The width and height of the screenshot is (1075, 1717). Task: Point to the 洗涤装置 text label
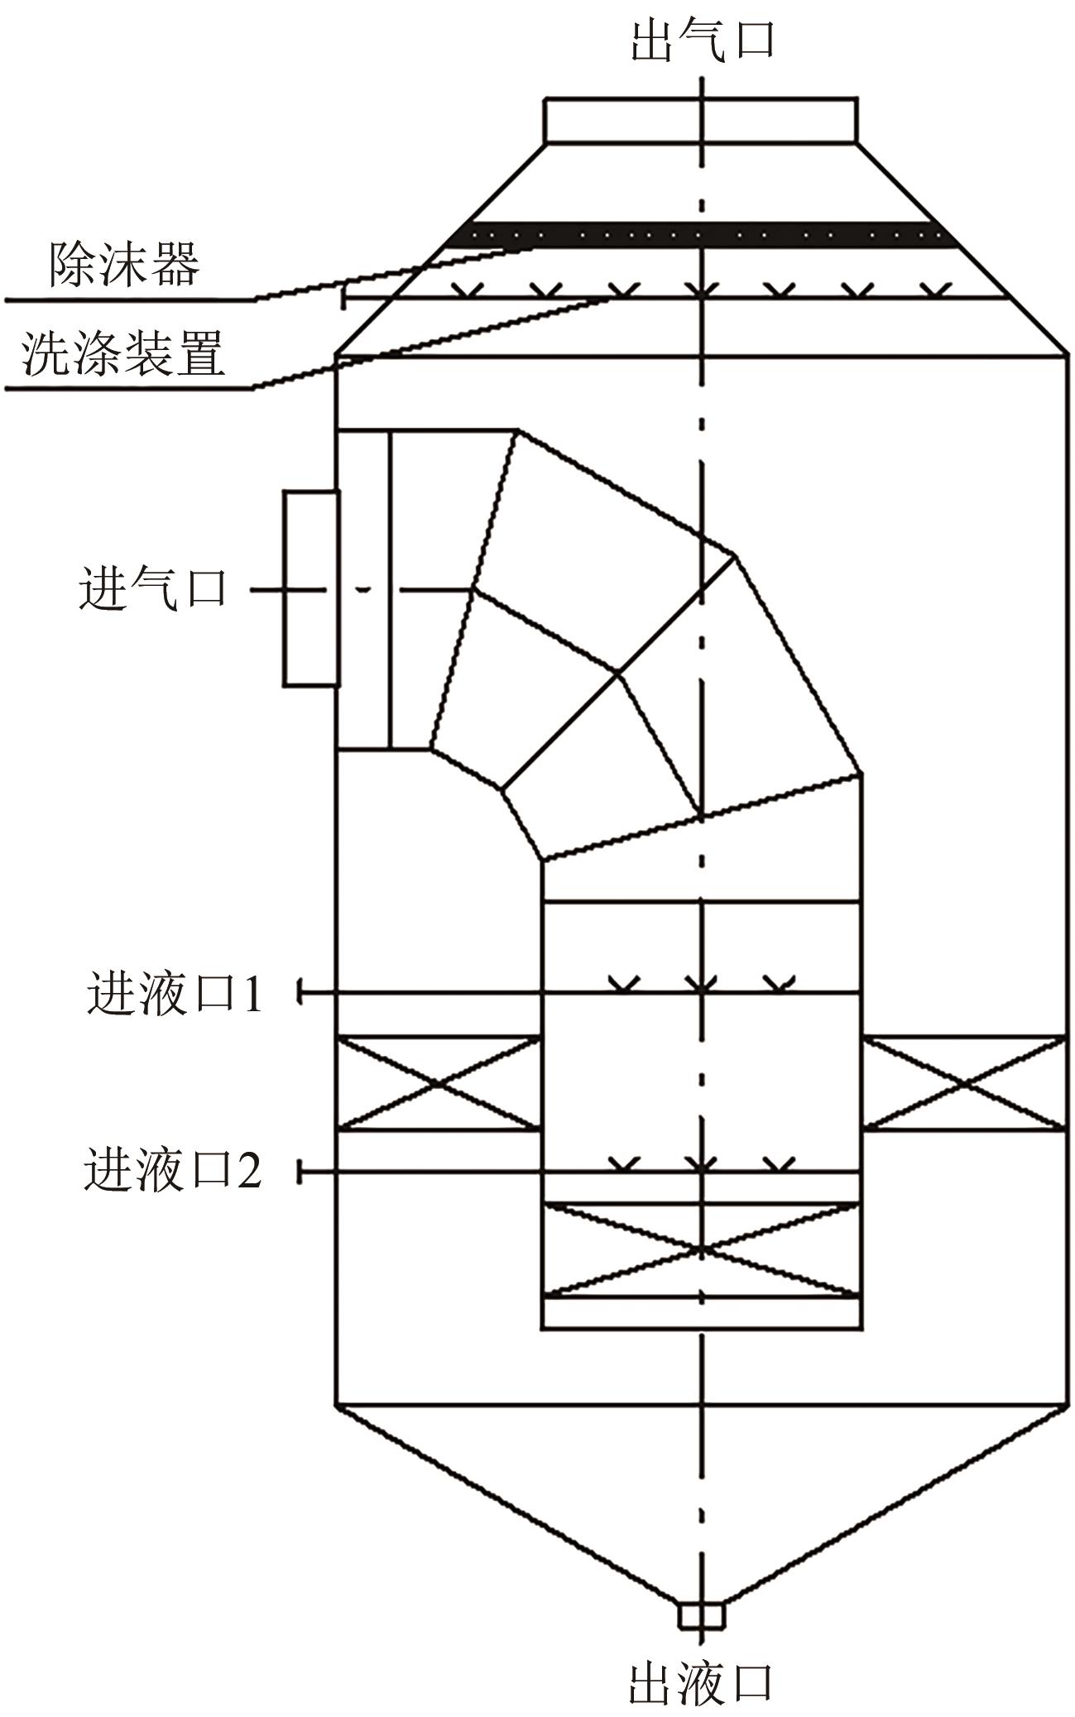coord(124,354)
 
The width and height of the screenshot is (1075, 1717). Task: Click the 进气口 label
coord(153,590)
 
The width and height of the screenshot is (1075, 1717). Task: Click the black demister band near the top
coord(702,235)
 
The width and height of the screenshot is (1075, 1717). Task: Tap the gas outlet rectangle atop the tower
coord(700,121)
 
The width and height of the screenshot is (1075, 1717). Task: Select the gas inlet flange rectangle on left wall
coord(311,588)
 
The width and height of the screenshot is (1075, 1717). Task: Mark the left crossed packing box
coord(438,1082)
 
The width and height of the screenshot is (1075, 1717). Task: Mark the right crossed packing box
coord(964,1082)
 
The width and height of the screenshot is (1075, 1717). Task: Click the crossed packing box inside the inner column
coord(701,1249)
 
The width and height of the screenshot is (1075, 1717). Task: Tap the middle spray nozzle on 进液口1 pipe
coord(701,983)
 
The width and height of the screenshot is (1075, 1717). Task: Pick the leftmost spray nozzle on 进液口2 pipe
coord(624,1163)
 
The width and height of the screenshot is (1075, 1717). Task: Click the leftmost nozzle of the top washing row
coord(468,290)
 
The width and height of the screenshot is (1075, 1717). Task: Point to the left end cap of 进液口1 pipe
coord(300,992)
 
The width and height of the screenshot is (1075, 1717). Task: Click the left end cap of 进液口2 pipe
coord(300,1172)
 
